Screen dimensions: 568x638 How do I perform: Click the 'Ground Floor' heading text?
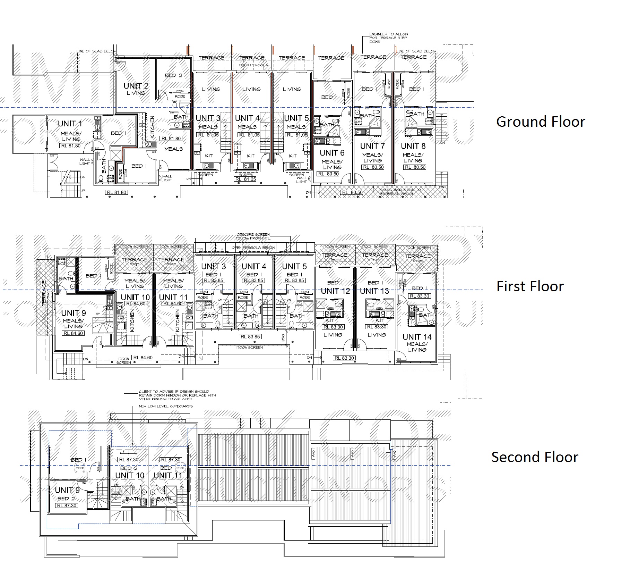point(540,122)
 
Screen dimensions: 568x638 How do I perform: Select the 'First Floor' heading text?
point(530,286)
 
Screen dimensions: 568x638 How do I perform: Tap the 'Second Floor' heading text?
point(534,457)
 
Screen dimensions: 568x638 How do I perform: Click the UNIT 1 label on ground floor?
point(70,124)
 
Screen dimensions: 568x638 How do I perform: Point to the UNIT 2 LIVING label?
point(136,89)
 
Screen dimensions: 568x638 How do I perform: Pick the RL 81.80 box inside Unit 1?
point(71,146)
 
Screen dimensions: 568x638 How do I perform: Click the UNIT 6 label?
point(332,153)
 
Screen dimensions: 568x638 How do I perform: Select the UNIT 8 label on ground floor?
point(413,146)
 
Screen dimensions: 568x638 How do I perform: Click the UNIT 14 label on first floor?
point(417,337)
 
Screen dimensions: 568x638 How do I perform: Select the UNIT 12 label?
point(335,291)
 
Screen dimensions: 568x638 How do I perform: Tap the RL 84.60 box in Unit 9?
point(74,333)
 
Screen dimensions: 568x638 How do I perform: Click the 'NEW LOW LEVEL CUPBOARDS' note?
point(166,406)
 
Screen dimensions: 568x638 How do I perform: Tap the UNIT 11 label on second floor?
point(167,475)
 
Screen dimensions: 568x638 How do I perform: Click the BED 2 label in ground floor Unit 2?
point(173,75)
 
